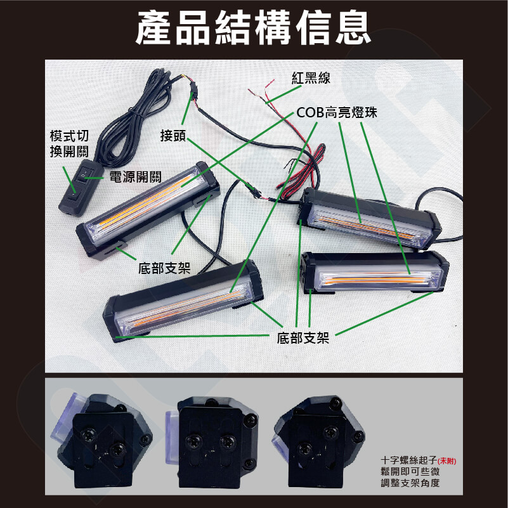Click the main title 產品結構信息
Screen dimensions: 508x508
click(253, 28)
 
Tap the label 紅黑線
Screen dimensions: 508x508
click(311, 78)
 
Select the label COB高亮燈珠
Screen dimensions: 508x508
click(337, 112)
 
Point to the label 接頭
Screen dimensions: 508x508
click(173, 136)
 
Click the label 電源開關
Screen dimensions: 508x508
click(135, 177)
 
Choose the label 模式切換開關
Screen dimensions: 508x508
click(69, 143)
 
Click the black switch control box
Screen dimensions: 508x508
click(81, 187)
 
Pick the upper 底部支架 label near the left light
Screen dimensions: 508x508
click(164, 268)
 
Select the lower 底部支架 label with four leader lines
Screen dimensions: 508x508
click(303, 338)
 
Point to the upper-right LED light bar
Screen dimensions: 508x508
click(369, 218)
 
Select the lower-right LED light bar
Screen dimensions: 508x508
click(374, 272)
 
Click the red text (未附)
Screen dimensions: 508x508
click(446, 461)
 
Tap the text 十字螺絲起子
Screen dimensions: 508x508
click(409, 460)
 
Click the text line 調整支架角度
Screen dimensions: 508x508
click(410, 483)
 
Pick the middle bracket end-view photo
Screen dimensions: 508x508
click(212, 442)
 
